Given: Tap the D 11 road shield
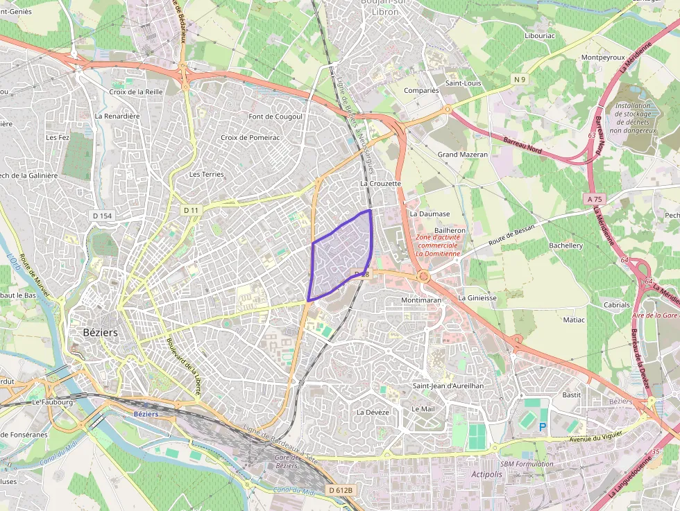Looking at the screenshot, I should coord(191,209).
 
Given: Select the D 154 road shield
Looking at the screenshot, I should coord(102,216).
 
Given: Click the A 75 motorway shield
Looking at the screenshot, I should coord(594,199).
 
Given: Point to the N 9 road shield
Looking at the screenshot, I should coord(520,80).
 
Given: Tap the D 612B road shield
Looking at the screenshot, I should coord(341,490).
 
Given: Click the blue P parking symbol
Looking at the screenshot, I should coord(543,427).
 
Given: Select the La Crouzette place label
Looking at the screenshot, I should coord(380,184).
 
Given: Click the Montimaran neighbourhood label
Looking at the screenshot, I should coord(421,300).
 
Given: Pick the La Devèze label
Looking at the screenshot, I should coord(373,412).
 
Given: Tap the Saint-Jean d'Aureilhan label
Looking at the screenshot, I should coord(448,386).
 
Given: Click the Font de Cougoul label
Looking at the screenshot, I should coord(275,116).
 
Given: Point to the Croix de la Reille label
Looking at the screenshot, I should coord(136,92).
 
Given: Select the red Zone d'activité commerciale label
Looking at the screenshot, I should coord(438,245).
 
